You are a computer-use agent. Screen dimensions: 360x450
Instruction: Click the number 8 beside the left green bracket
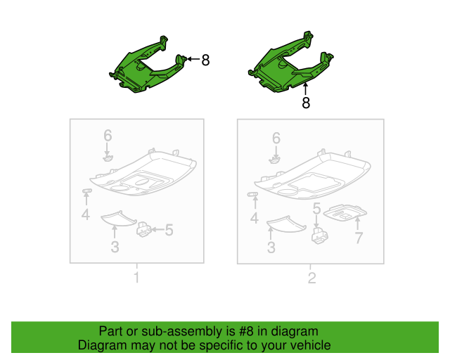pyautogui.click(x=205, y=60)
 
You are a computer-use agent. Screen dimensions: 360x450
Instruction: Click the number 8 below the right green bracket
pyautogui.click(x=306, y=103)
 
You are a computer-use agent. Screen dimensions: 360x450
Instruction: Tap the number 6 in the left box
pyautogui.click(x=108, y=135)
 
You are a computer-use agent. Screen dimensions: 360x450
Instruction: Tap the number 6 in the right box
pyautogui.click(x=276, y=139)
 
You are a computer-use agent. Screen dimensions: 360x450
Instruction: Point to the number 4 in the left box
pyautogui.click(x=85, y=214)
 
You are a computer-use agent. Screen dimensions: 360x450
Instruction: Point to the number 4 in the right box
pyautogui.click(x=254, y=219)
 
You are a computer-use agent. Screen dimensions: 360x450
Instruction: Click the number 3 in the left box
pyautogui.click(x=115, y=246)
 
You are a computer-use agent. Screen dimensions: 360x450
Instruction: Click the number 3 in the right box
pyautogui.click(x=271, y=247)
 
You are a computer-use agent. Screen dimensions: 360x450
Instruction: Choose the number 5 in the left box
pyautogui.click(x=169, y=229)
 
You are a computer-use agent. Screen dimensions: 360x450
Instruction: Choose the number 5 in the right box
pyautogui.click(x=316, y=209)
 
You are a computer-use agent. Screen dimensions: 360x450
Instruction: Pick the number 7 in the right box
pyautogui.click(x=358, y=238)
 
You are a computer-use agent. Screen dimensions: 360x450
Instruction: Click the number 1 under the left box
pyautogui.click(x=136, y=278)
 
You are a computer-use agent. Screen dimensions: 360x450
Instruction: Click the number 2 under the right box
pyautogui.click(x=311, y=278)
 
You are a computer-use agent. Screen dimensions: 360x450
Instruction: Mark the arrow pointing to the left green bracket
pyautogui.click(x=193, y=60)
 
